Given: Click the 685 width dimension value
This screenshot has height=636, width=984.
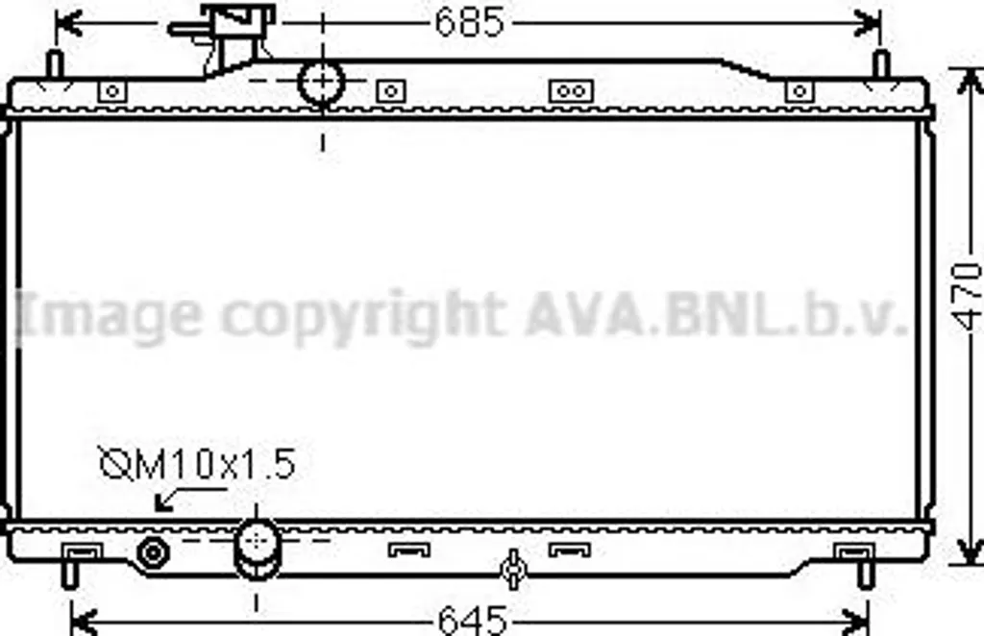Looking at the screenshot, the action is tap(469, 23).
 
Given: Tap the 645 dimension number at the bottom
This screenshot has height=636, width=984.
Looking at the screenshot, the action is tap(472, 620).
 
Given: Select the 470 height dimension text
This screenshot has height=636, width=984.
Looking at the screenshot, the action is tap(967, 297).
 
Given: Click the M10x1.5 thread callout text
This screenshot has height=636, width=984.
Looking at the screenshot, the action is tap(198, 465).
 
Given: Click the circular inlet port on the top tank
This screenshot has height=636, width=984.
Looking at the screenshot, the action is tap(321, 82).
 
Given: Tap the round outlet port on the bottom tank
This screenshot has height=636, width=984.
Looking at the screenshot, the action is tap(257, 549).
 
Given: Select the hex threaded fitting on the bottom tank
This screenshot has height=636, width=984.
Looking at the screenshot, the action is tap(153, 553).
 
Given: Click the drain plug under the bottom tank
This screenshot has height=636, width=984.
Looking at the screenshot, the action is tap(513, 568).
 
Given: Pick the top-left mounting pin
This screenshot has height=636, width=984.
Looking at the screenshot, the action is tap(55, 64).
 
